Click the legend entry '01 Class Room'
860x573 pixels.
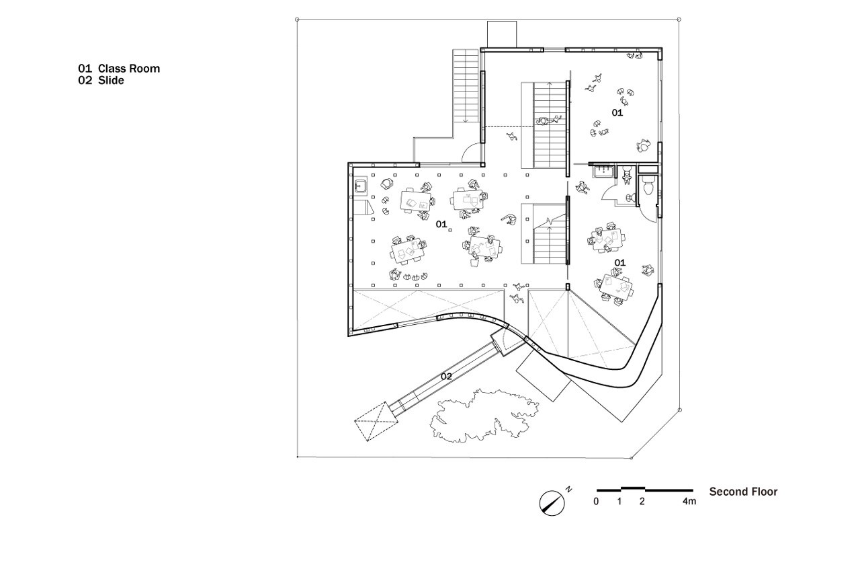click(x=119, y=69)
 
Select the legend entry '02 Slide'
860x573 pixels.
click(x=101, y=80)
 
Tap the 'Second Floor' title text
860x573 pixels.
click(x=743, y=492)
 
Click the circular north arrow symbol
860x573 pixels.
click(x=552, y=502)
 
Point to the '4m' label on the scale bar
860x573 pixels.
click(x=689, y=502)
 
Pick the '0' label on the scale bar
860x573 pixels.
click(x=596, y=502)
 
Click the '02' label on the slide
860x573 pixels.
click(x=446, y=377)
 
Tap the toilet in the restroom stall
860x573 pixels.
click(x=647, y=188)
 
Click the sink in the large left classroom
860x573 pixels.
click(x=359, y=185)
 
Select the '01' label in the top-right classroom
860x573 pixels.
click(x=617, y=113)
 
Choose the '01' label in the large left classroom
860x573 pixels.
click(x=441, y=224)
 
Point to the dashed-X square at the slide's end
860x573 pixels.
click(x=372, y=422)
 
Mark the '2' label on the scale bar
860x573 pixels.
click(x=642, y=502)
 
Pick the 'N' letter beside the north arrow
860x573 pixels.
click(x=568, y=489)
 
